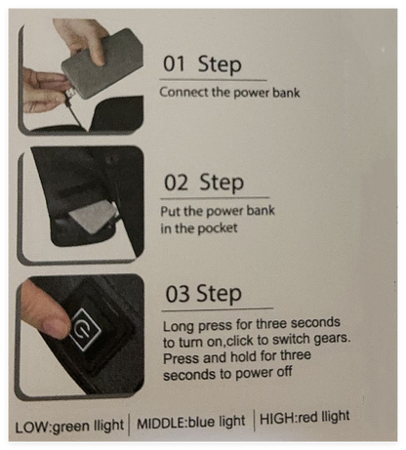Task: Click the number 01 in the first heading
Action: click(174, 63)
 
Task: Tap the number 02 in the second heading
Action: click(176, 183)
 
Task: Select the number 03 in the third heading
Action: click(178, 294)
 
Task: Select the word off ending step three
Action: click(284, 372)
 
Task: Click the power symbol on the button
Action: click(84, 330)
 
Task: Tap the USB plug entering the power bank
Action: click(70, 94)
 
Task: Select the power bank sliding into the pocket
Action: click(92, 217)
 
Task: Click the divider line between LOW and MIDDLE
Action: click(129, 425)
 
